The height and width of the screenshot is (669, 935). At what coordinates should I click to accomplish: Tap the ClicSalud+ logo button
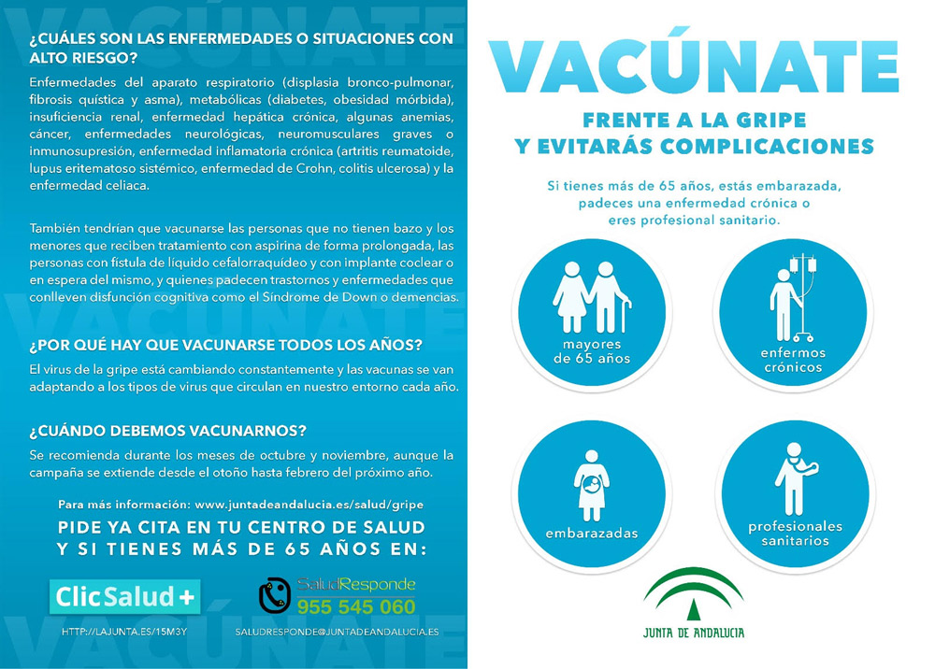124,596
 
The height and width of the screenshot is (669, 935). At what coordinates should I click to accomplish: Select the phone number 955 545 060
356,607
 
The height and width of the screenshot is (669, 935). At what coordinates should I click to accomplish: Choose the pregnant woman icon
591,485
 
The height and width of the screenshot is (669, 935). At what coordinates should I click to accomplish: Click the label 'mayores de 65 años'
592,351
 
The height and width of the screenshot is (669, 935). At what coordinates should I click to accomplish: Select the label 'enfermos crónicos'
792,360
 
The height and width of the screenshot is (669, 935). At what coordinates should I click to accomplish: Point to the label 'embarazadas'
592,534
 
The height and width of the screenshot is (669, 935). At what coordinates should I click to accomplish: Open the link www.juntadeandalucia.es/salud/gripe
301,504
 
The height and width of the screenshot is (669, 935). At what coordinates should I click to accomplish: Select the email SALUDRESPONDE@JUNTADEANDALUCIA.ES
337,632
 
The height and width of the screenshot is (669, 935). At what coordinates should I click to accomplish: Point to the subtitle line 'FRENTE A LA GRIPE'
694,121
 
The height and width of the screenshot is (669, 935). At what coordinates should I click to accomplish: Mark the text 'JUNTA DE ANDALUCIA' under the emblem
694,633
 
